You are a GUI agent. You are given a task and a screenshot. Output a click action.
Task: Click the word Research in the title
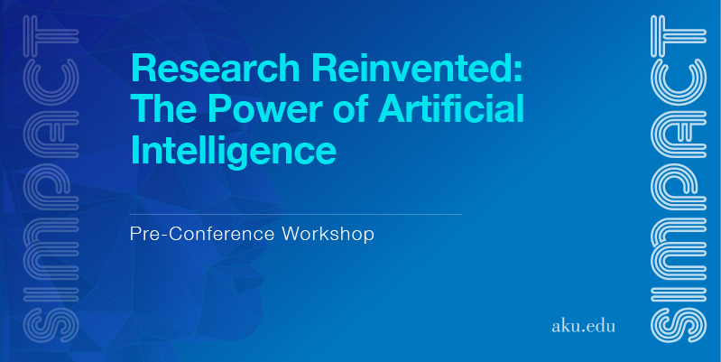(216, 69)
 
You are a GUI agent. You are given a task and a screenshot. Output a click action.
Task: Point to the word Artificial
(450, 109)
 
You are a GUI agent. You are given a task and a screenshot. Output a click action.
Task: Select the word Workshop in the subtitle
(328, 234)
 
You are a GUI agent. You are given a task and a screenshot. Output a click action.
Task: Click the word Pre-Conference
(202, 234)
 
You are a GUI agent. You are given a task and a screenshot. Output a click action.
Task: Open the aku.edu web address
(583, 326)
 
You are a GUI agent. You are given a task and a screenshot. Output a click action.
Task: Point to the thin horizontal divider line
(296, 214)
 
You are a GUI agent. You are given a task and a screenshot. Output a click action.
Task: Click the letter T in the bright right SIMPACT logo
(679, 32)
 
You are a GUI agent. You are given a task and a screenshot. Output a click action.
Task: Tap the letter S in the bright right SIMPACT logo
(679, 325)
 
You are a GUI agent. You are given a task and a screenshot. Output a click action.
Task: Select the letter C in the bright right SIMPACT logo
(679, 81)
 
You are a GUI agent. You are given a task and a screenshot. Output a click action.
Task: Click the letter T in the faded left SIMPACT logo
(51, 32)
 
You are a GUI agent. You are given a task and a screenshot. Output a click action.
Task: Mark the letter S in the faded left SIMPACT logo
(51, 325)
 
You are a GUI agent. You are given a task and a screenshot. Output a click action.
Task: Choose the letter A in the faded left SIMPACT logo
(51, 135)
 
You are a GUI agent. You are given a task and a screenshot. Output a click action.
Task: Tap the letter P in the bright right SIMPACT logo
(679, 186)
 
